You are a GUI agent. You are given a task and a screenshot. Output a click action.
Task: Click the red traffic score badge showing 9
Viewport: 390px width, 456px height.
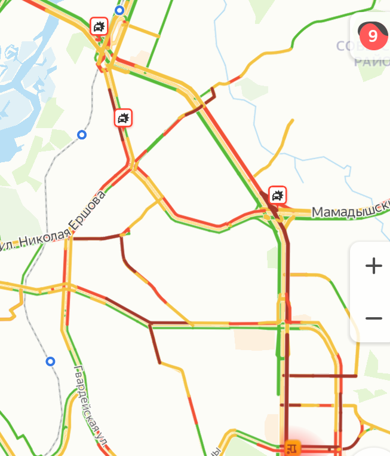(372, 37)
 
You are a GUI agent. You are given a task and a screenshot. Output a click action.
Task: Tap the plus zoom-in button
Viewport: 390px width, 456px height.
(373, 266)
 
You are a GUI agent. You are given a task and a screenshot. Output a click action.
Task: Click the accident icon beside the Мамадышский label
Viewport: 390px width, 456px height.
(278, 195)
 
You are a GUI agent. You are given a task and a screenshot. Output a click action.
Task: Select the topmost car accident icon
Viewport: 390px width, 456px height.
(99, 26)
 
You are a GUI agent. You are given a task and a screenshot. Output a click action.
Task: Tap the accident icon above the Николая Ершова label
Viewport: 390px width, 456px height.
(123, 118)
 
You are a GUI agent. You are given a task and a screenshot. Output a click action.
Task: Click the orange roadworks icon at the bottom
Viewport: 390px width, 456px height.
(292, 447)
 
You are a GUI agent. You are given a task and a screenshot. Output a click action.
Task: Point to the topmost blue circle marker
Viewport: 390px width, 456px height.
(119, 10)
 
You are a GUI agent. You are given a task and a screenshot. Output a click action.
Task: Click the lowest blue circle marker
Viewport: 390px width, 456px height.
(51, 361)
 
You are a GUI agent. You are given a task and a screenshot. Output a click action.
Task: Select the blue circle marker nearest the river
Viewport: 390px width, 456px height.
(82, 135)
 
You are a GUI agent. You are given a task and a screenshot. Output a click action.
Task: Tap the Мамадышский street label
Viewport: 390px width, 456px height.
(349, 211)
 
